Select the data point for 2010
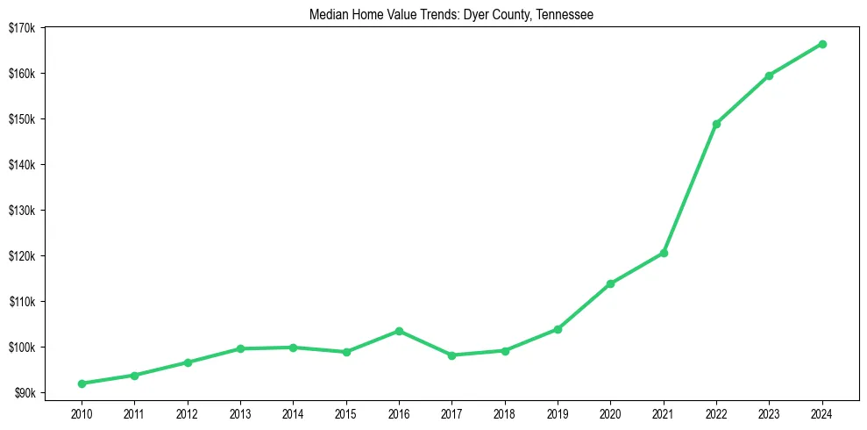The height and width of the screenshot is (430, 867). [82, 383]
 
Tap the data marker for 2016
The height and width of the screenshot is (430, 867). [399, 331]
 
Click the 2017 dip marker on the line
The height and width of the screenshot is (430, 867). [451, 355]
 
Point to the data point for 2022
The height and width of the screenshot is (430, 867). [716, 124]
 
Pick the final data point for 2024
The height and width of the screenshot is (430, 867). [822, 44]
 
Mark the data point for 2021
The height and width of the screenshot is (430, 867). [664, 253]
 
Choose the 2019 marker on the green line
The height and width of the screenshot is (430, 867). [558, 329]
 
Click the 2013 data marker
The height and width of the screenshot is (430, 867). [240, 348]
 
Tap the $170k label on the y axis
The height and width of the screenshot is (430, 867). [22, 27]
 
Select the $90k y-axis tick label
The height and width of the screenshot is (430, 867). [24, 393]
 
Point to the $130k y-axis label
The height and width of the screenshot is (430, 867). [22, 211]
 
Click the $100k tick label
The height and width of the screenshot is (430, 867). [22, 348]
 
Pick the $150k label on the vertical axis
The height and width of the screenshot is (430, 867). [22, 119]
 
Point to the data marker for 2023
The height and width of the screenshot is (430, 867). [769, 75]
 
